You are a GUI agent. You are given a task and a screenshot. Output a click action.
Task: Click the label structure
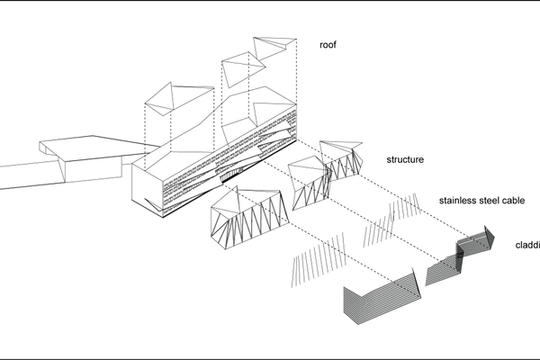tap(405, 160)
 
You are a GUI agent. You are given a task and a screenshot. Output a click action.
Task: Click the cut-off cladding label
tap(527, 244)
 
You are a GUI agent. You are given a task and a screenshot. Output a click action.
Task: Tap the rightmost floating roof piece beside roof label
tap(274, 49)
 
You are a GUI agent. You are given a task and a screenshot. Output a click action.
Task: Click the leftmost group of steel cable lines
tap(319, 253)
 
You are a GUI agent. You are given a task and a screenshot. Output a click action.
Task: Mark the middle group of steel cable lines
tap(379, 222)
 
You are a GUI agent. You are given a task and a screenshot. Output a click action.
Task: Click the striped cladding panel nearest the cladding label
tap(477, 240)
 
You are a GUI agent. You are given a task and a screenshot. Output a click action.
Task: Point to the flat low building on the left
tap(63, 162)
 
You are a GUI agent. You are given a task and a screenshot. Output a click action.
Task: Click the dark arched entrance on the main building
tap(236, 174)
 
